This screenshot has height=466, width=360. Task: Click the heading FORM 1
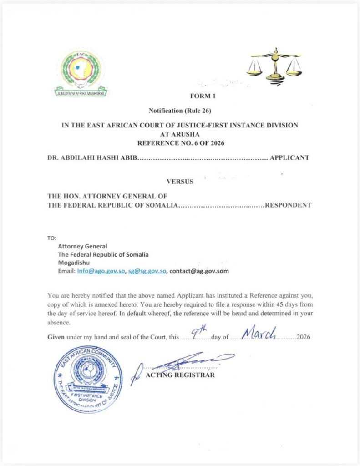pyautogui.click(x=201, y=96)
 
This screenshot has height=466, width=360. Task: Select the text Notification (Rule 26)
pyautogui.click(x=180, y=111)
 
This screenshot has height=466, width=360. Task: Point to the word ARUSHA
pyautogui.click(x=180, y=135)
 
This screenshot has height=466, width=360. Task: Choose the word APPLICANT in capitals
pyautogui.click(x=289, y=158)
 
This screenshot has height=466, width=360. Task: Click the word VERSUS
pyautogui.click(x=180, y=182)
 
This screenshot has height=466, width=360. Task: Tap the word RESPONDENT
pyautogui.click(x=288, y=205)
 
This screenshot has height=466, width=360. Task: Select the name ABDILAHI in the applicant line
pyautogui.click(x=81, y=158)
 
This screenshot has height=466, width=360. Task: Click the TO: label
pyautogui.click(x=52, y=238)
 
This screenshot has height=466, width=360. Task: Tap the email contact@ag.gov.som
pyautogui.click(x=199, y=271)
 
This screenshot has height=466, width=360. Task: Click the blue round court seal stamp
pyautogui.click(x=88, y=379)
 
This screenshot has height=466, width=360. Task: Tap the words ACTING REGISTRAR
pyautogui.click(x=180, y=375)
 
